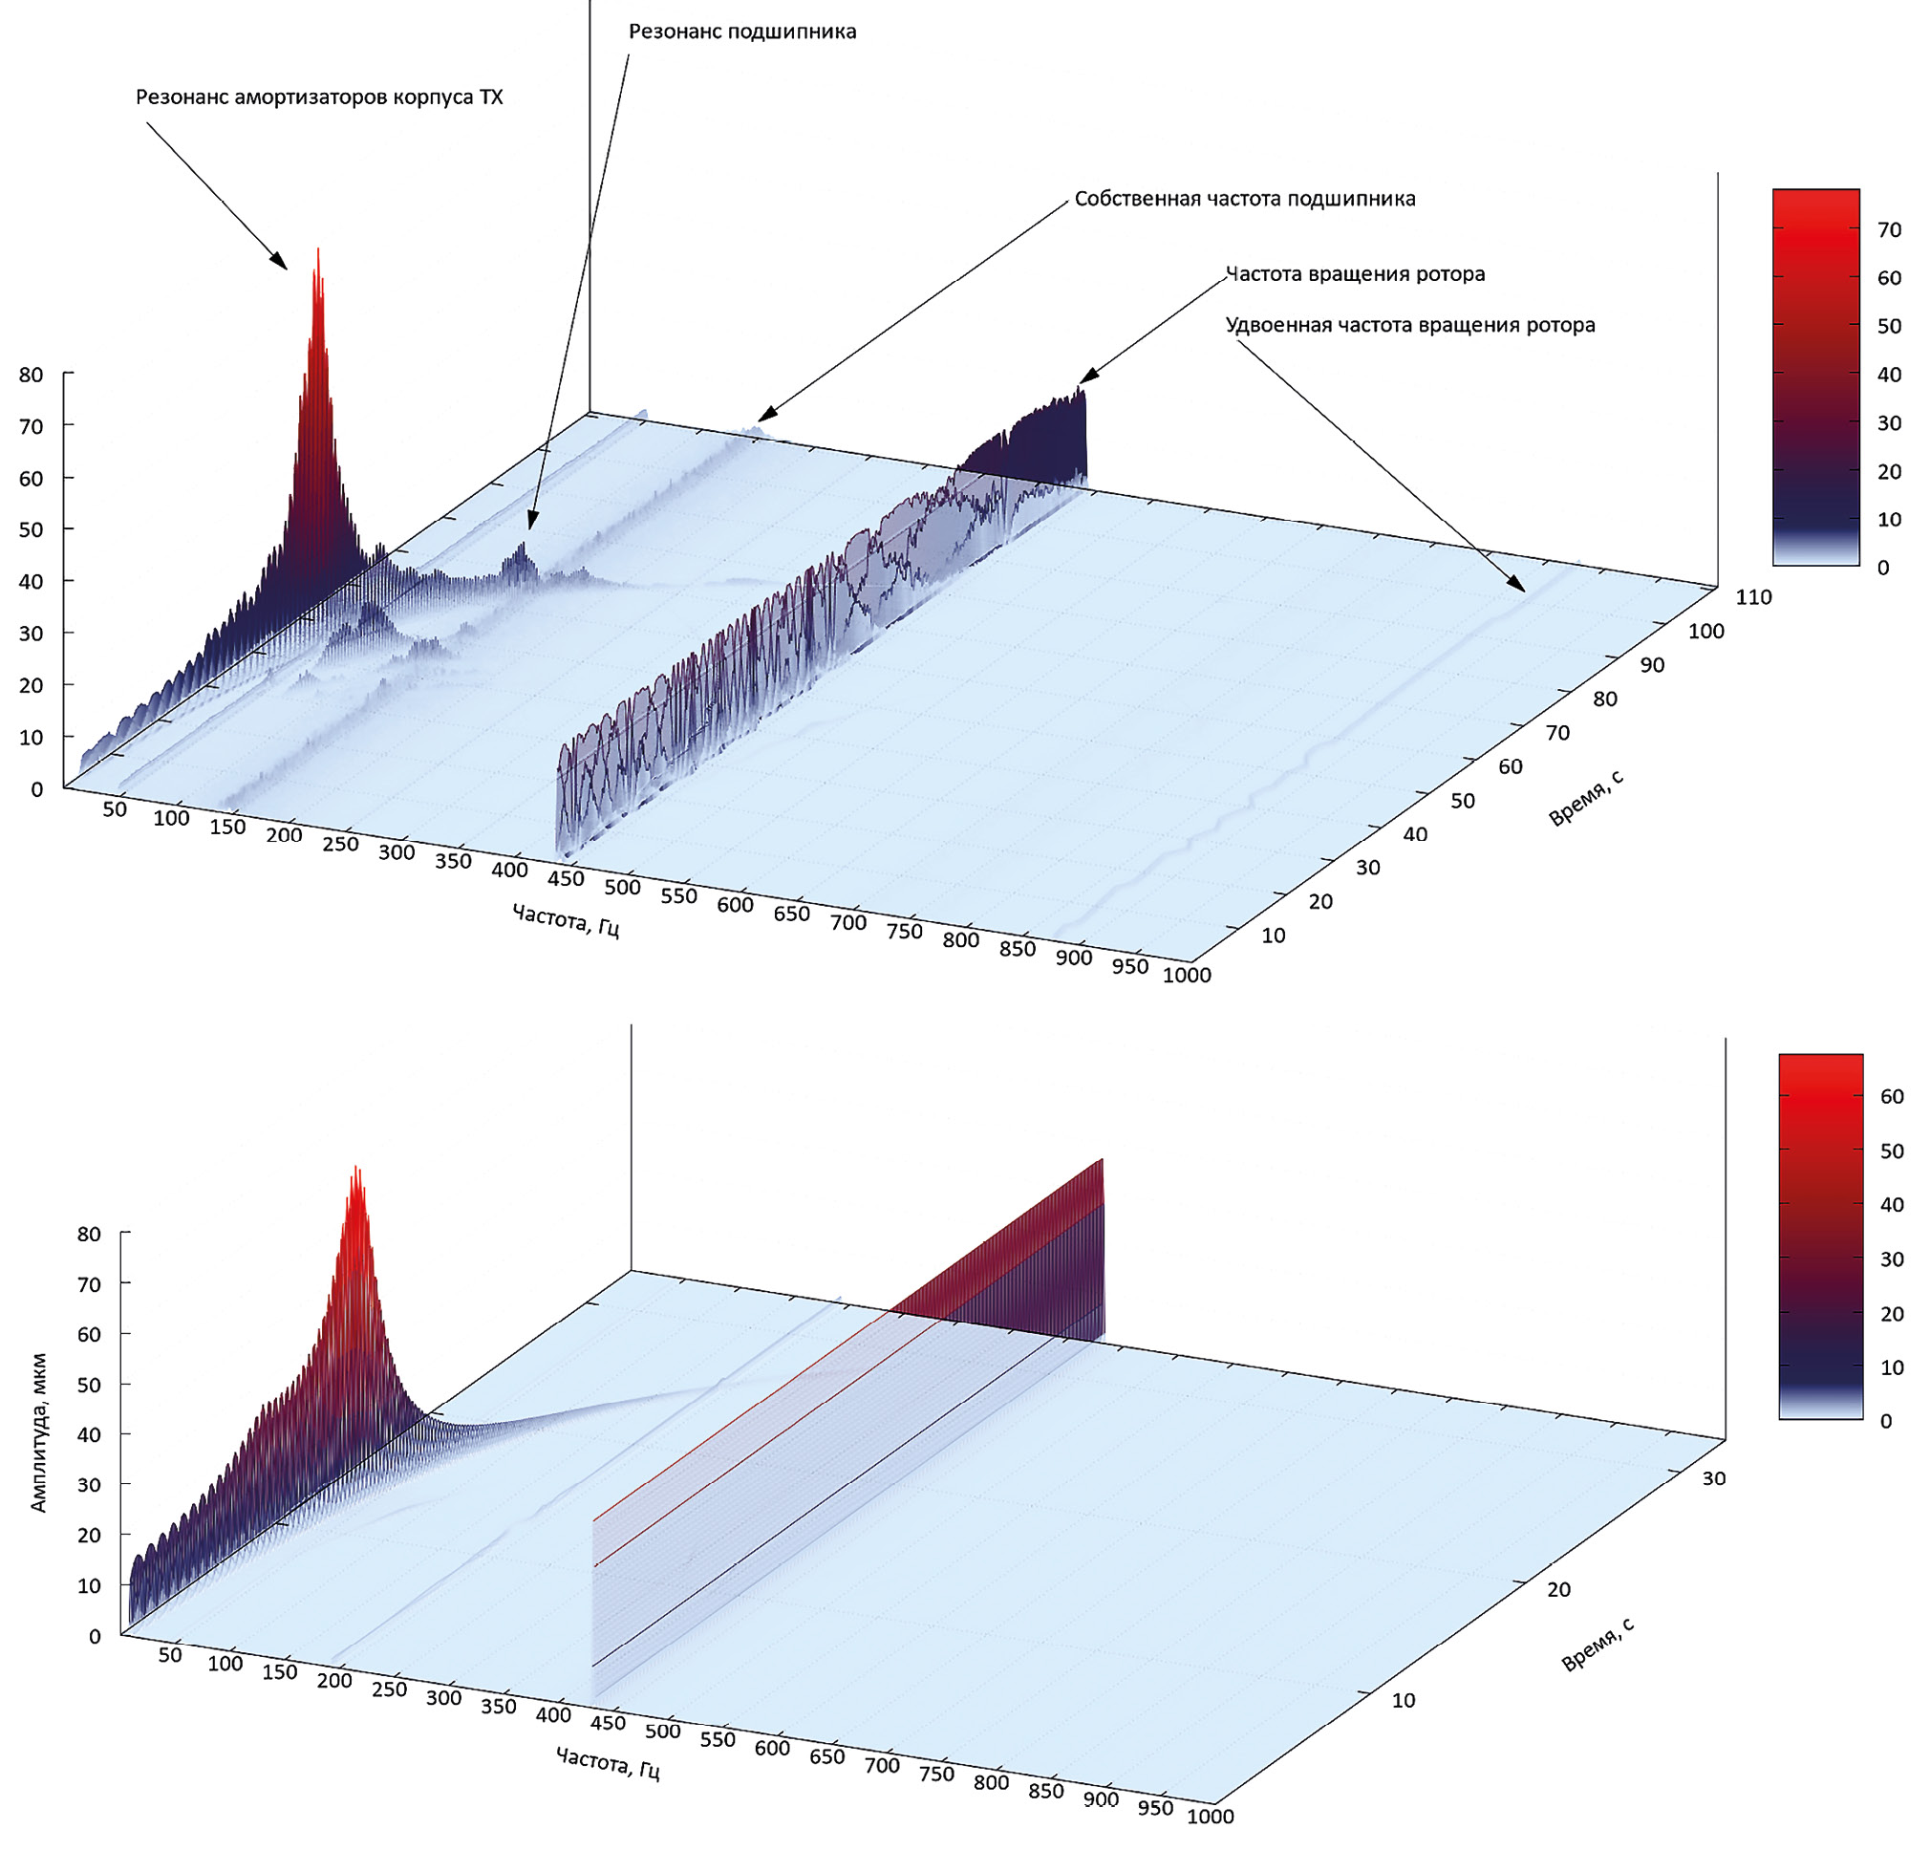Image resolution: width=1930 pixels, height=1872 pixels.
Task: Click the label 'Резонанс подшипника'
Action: point(742,32)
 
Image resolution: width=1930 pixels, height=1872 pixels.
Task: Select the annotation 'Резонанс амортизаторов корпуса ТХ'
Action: point(319,97)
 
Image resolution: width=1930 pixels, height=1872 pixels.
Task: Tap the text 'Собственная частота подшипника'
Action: point(1245,199)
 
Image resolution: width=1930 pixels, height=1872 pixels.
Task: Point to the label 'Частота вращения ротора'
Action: point(1355,273)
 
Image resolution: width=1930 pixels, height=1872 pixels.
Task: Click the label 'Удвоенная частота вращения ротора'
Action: point(1410,325)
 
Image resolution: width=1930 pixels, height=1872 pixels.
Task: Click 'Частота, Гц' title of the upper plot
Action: point(567,921)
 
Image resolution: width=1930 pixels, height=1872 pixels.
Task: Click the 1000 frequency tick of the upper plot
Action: point(1188,975)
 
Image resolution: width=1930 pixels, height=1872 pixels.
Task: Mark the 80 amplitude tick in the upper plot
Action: point(31,375)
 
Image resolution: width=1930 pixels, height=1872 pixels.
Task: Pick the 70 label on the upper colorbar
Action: point(1889,230)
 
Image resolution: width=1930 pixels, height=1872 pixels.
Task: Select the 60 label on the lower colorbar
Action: point(1891,1097)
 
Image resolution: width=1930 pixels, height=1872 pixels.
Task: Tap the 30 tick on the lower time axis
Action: point(1713,1478)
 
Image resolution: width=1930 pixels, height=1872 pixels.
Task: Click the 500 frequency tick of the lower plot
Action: point(663,1731)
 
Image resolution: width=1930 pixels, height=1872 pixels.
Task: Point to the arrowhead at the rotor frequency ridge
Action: point(1085,377)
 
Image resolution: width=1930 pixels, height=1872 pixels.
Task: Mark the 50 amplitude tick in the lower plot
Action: point(89,1385)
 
